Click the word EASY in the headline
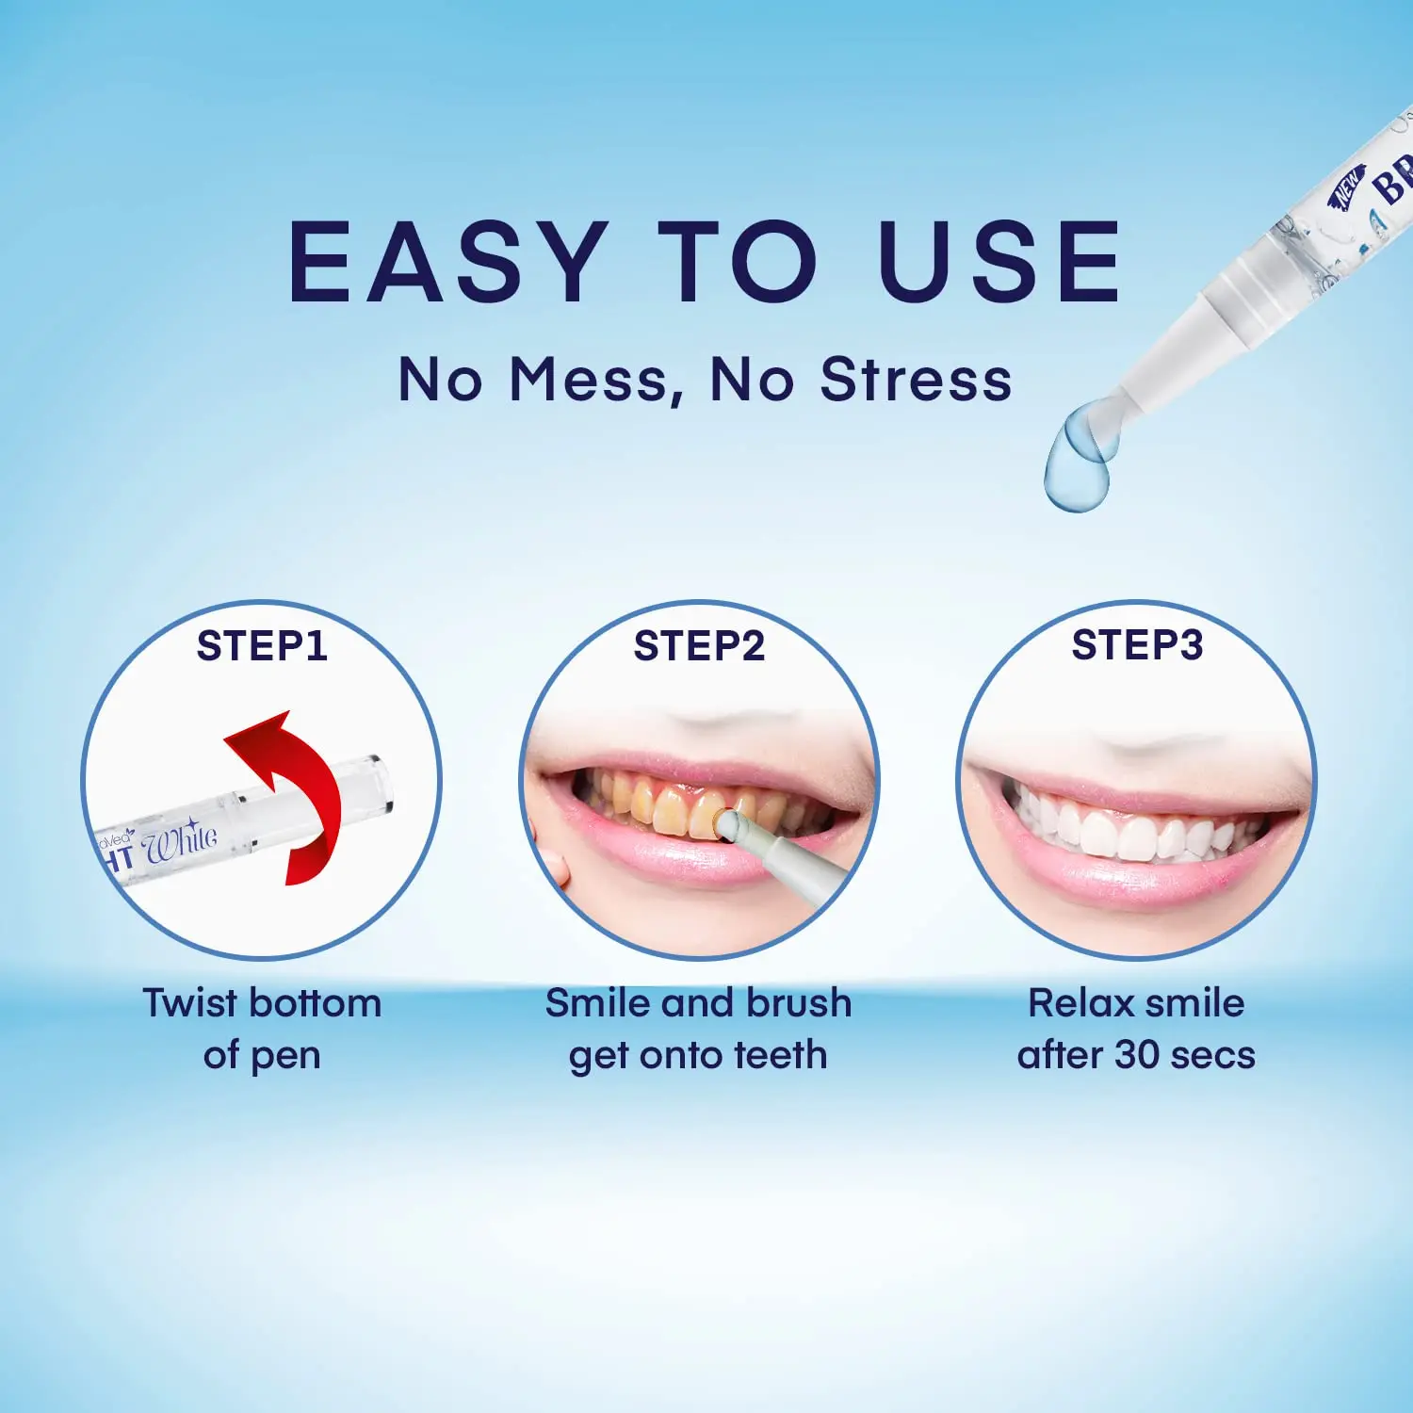click(447, 262)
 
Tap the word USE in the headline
click(1000, 262)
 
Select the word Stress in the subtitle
click(916, 380)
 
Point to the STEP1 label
click(262, 646)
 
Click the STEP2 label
click(699, 646)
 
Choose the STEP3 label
click(1137, 645)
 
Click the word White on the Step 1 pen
click(180, 841)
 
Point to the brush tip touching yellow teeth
click(727, 825)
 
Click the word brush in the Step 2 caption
click(799, 1003)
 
